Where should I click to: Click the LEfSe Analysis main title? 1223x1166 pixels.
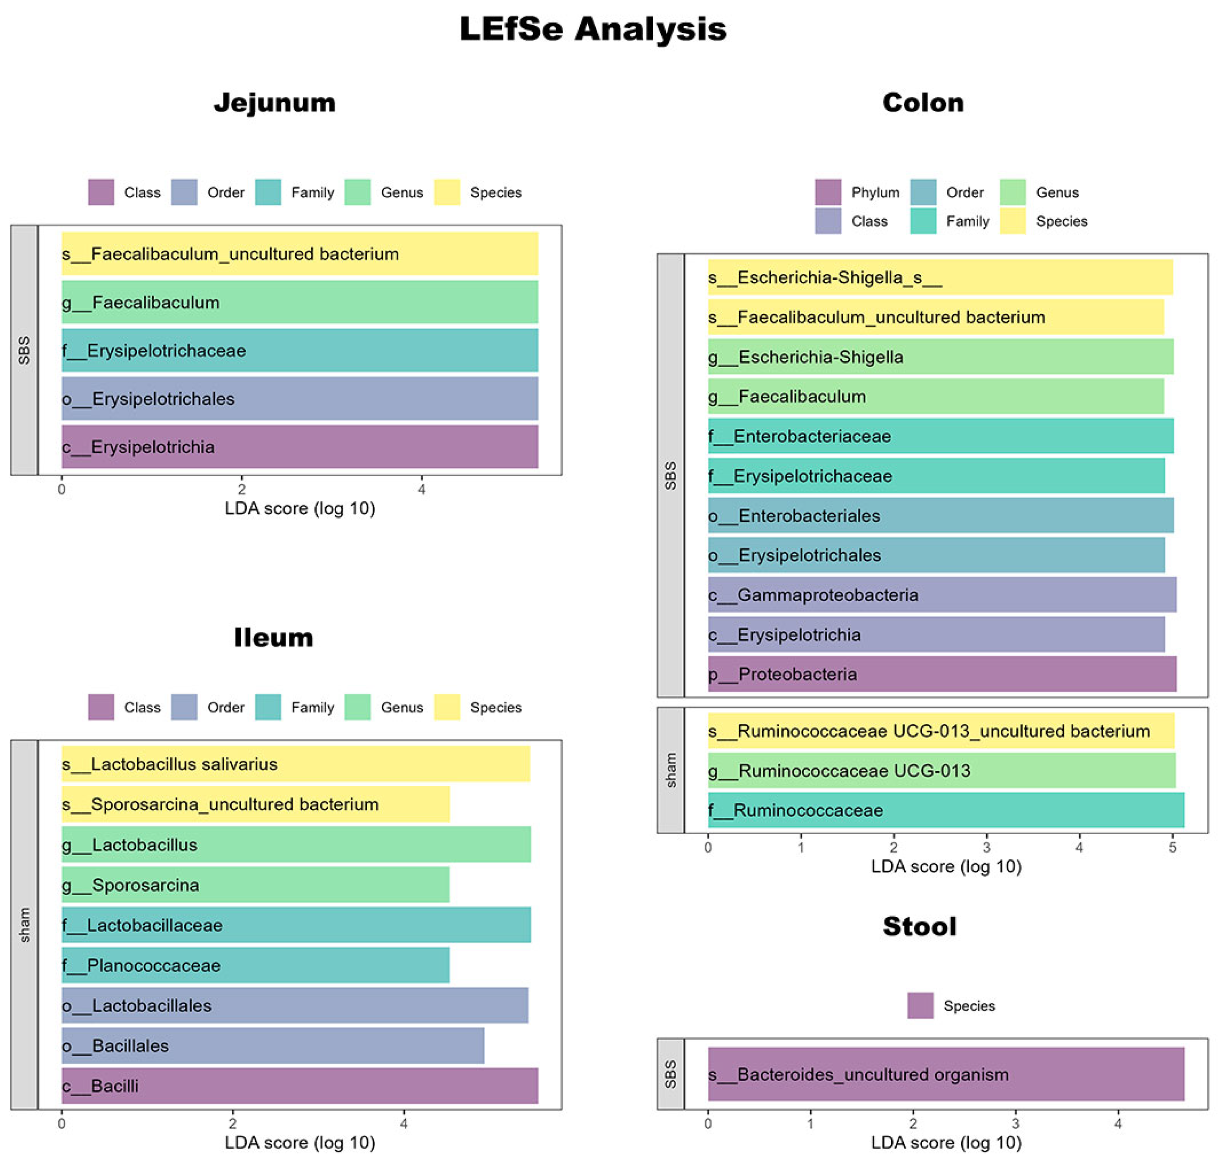(x=592, y=29)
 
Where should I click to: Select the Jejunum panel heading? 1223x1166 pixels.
(x=274, y=103)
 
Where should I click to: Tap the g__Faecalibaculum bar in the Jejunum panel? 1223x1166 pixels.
(x=299, y=302)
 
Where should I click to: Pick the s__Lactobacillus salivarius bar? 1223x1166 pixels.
(x=295, y=764)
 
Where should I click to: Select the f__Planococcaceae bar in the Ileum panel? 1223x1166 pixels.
(x=255, y=965)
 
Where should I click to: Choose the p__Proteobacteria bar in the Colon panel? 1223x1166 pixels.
(x=941, y=674)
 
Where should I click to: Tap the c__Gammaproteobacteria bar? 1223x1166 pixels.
(x=941, y=595)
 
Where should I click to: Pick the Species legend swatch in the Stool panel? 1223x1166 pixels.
(x=920, y=1006)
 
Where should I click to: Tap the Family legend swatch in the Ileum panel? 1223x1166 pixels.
(x=268, y=707)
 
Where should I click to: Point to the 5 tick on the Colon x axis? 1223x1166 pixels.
(x=1172, y=848)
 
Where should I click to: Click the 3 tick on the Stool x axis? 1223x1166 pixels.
(x=1015, y=1124)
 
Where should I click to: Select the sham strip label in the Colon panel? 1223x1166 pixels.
(x=671, y=770)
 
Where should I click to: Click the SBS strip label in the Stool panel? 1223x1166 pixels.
(x=671, y=1074)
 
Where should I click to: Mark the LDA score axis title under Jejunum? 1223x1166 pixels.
(x=299, y=508)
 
